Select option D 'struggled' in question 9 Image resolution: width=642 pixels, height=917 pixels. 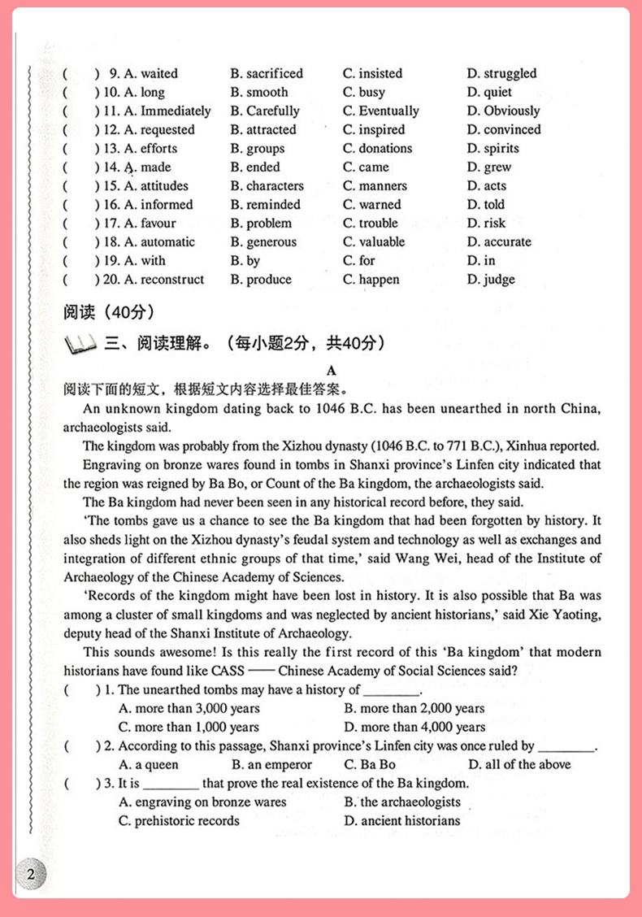coord(501,73)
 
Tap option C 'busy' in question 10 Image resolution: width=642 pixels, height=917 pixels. coord(364,92)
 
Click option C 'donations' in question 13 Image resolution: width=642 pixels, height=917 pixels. coord(377,148)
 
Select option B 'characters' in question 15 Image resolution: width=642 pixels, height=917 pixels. coord(267,185)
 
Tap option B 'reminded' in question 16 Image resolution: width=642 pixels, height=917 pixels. coord(265,204)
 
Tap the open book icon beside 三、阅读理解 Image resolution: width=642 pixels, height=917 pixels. coord(80,346)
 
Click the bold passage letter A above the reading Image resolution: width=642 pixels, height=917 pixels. coord(331,370)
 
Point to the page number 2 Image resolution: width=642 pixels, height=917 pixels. coord(31,875)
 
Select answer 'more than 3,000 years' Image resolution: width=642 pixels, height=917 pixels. coord(189,708)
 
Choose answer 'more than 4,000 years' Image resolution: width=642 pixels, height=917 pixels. coord(414,727)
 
